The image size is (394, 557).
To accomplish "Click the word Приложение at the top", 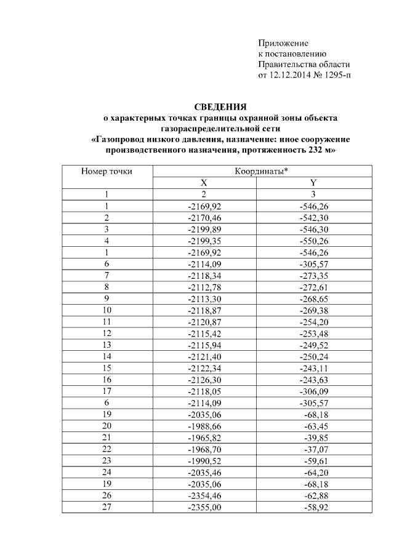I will click(x=283, y=43).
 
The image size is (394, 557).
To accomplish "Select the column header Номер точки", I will click(x=107, y=172).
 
